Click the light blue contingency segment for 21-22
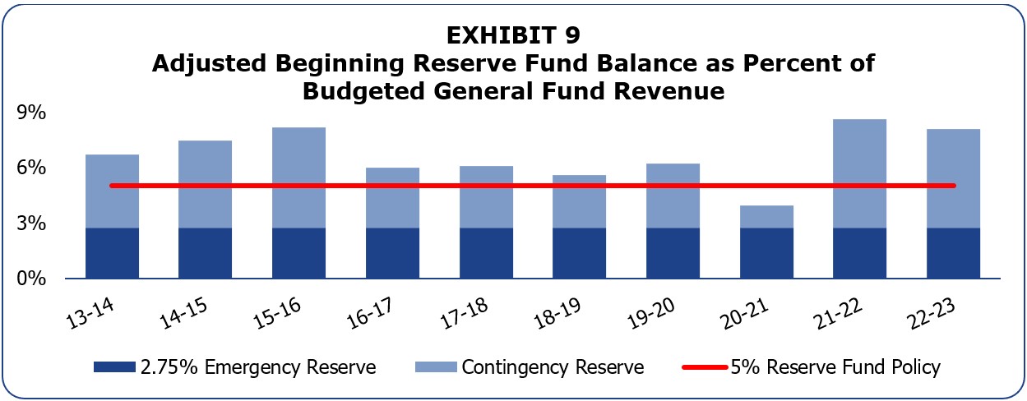point(859,173)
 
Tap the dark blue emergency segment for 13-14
point(112,253)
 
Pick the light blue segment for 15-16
point(298,177)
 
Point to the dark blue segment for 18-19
point(579,253)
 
